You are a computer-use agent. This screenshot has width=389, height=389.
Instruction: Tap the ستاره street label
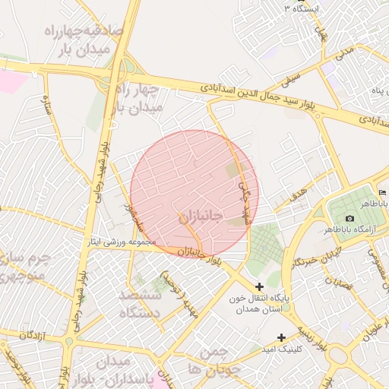click(x=47, y=104)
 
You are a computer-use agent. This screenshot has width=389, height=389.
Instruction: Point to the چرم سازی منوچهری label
click(x=24, y=266)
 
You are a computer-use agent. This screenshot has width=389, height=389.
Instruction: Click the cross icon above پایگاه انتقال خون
click(x=260, y=286)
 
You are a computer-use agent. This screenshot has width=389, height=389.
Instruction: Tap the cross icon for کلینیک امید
click(x=282, y=337)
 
